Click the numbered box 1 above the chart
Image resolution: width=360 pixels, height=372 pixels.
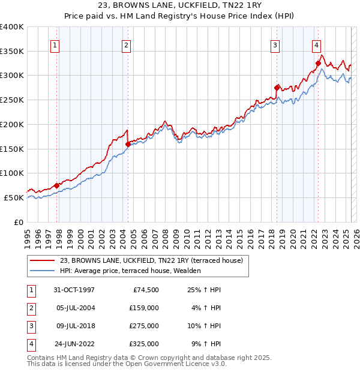[55, 45]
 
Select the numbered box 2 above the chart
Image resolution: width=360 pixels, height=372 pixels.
[127, 45]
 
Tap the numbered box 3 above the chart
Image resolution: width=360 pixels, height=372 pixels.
[275, 45]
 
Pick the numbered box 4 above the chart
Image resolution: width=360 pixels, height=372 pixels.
[316, 45]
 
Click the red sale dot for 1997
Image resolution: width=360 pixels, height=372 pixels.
[57, 185]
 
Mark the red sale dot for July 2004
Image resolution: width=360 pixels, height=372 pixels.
[128, 144]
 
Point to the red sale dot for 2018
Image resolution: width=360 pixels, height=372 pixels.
[277, 88]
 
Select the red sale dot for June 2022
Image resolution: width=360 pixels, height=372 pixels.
[318, 63]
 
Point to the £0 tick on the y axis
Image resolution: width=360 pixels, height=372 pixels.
[18, 222]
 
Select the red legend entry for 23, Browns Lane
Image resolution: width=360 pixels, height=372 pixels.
[151, 260]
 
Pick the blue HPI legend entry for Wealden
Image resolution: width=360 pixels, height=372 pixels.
[130, 271]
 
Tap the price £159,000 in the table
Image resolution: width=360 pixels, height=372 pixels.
[144, 308]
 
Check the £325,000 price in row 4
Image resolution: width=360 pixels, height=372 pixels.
[144, 344]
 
